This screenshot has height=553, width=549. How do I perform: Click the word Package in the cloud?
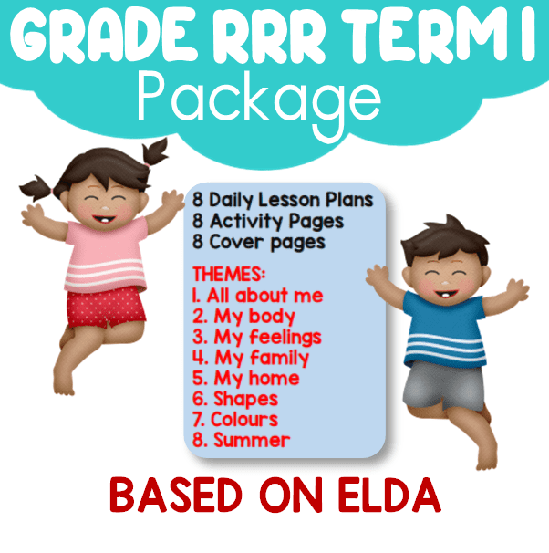tap(259, 100)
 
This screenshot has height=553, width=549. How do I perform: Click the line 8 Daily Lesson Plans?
tap(283, 201)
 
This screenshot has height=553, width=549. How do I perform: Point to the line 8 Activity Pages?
tap(268, 222)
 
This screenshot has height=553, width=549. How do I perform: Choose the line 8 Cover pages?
tap(259, 243)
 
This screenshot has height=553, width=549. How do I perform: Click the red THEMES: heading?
tap(229, 274)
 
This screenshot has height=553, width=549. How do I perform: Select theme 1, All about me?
tap(257, 295)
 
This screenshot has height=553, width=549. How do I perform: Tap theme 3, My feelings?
tap(257, 337)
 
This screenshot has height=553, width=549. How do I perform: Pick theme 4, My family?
tap(251, 358)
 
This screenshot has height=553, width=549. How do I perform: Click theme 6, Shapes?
tap(235, 399)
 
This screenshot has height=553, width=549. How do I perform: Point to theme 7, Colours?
tap(235, 420)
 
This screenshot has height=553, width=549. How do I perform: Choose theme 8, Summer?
tap(241, 440)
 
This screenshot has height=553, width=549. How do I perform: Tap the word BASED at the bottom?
tap(175, 496)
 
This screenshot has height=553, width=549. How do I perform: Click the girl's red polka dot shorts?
tap(106, 307)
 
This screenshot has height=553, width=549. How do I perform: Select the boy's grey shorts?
tap(444, 385)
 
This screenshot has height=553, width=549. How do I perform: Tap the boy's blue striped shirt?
tap(445, 329)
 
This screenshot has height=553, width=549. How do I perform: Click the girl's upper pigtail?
tap(155, 152)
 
